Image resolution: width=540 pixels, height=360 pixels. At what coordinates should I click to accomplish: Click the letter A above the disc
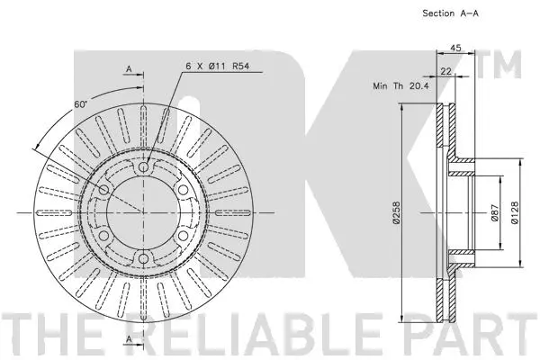[129, 68]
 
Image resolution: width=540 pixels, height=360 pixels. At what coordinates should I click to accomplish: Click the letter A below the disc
[129, 337]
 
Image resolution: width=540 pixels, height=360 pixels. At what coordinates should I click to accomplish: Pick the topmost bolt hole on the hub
[144, 167]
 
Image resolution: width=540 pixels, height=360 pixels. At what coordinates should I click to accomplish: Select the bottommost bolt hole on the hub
[144, 260]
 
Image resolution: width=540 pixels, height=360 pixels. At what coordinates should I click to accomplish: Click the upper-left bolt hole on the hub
[103, 191]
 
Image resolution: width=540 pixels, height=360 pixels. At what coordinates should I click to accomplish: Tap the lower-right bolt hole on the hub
[184, 237]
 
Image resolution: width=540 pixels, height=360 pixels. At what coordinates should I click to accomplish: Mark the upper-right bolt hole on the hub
[184, 191]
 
